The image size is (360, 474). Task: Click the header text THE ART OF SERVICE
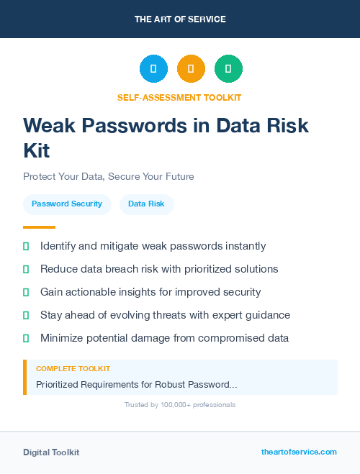pyautogui.click(x=180, y=19)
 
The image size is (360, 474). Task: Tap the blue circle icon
pyautogui.click(x=153, y=69)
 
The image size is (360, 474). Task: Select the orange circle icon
pyautogui.click(x=191, y=69)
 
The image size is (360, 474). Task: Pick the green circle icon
pyautogui.click(x=228, y=69)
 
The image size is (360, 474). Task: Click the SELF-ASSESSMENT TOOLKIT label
pyautogui.click(x=179, y=97)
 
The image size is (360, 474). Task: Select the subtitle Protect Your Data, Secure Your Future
pyautogui.click(x=109, y=176)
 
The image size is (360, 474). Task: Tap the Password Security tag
pyautogui.click(x=67, y=204)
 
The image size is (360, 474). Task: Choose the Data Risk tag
pyautogui.click(x=146, y=204)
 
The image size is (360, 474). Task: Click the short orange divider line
pyautogui.click(x=39, y=227)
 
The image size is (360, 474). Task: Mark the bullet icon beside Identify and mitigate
pyautogui.click(x=26, y=247)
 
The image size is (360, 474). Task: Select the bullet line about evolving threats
pyautogui.click(x=165, y=315)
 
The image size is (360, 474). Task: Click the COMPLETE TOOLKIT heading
pyautogui.click(x=73, y=369)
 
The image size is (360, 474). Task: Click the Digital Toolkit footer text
pyautogui.click(x=51, y=452)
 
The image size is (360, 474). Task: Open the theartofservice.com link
pyautogui.click(x=299, y=452)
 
